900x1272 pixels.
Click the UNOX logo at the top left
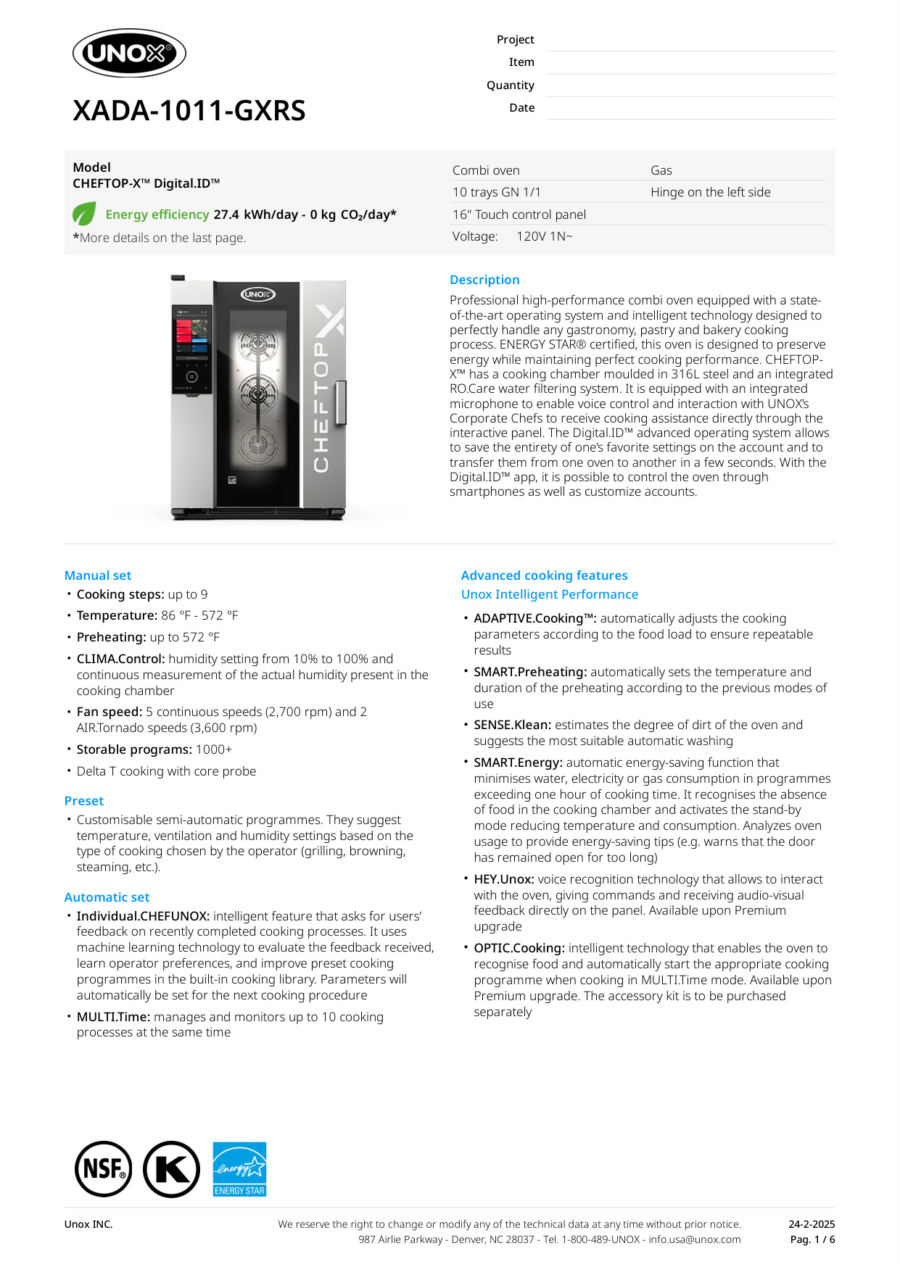[x=129, y=53]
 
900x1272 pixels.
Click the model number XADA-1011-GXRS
[x=189, y=111]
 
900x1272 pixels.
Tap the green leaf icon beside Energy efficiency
[x=84, y=214]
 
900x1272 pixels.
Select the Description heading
[x=484, y=280]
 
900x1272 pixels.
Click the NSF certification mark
[x=104, y=1169]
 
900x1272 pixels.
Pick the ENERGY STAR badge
[x=239, y=1169]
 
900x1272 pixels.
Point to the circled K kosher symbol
[x=171, y=1169]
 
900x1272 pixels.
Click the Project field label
[x=515, y=40]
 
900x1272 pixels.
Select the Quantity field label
[x=510, y=86]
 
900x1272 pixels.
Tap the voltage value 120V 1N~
[x=544, y=236]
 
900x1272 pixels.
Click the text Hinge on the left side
[x=710, y=192]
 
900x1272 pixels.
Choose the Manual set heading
[x=98, y=575]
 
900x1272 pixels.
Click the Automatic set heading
[x=107, y=897]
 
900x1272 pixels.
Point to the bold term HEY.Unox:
[x=504, y=879]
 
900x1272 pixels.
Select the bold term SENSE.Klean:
[x=512, y=725]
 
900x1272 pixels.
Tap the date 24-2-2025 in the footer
[x=812, y=1224]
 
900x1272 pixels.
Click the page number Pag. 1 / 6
[x=812, y=1239]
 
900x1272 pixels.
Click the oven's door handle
[x=341, y=402]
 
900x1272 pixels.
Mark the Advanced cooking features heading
[x=544, y=575]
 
